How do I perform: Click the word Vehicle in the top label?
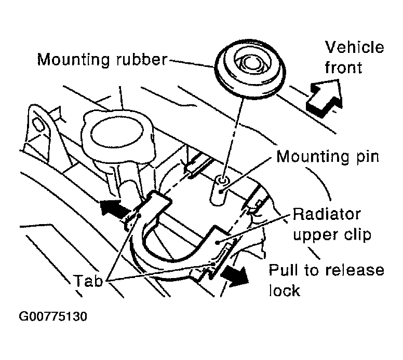point(354,47)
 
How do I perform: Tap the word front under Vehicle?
point(343,67)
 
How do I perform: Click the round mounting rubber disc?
point(250,68)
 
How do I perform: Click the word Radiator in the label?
point(327,214)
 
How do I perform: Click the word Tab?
point(89,281)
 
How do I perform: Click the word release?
point(355,270)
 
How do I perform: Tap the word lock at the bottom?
point(285,290)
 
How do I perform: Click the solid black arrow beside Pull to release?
point(234,276)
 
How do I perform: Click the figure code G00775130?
point(53,316)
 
